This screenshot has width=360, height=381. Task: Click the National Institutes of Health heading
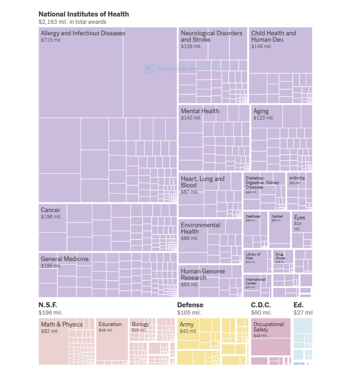click(83, 14)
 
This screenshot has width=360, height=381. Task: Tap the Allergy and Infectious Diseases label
click(83, 33)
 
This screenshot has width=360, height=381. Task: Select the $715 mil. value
click(51, 40)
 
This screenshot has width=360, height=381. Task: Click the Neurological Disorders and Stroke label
click(211, 37)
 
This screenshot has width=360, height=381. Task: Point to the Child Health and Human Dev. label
click(273, 37)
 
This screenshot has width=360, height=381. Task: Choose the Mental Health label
click(200, 111)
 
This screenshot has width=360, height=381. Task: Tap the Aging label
click(261, 111)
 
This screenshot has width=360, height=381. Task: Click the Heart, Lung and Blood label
click(202, 182)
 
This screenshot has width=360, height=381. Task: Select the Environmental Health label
click(200, 228)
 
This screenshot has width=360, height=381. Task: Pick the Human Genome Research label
click(202, 274)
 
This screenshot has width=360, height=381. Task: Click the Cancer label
click(50, 210)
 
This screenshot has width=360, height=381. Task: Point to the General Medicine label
click(65, 259)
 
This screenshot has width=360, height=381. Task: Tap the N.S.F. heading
click(48, 305)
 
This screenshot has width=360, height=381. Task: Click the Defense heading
click(190, 305)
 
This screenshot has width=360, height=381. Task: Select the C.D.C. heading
click(261, 305)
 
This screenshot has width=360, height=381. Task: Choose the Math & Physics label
click(62, 324)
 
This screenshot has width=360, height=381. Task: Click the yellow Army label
click(186, 325)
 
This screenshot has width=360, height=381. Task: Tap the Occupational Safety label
click(269, 327)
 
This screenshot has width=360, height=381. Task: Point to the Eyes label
click(300, 218)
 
